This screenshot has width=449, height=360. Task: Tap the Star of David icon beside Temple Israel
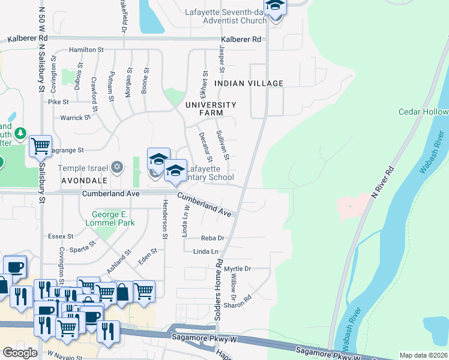coord(118,167)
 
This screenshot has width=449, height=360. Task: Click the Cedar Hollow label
coord(423,112)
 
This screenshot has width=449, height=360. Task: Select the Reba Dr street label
coord(212,238)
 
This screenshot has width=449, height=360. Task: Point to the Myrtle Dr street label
coord(237,269)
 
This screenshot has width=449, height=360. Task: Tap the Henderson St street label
coord(163,217)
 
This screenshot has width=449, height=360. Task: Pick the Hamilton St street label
coord(86,50)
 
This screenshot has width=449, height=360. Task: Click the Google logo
coord(20,352)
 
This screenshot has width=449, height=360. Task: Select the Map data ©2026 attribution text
coord(424,355)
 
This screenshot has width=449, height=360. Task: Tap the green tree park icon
coord(20,132)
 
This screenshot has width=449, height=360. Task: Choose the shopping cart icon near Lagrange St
coord(40,145)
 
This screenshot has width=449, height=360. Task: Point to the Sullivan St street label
coord(223,145)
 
